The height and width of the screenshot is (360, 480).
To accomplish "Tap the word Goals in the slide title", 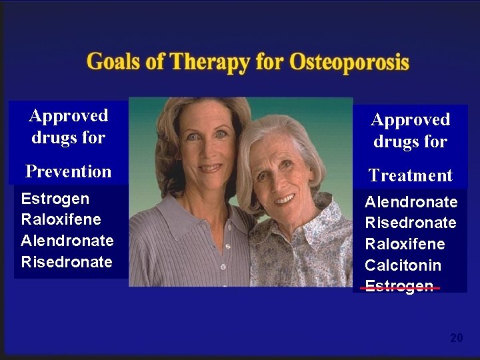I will click(x=112, y=62).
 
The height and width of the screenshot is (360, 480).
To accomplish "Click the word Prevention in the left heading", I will click(x=68, y=171).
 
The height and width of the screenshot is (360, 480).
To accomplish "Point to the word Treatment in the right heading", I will click(x=410, y=175).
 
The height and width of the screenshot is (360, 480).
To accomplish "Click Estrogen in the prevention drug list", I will click(x=55, y=199).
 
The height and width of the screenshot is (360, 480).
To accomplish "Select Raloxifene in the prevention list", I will click(x=61, y=219).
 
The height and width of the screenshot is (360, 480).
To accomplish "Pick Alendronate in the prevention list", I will click(x=67, y=241).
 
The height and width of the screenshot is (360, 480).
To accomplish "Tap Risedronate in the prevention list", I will click(x=66, y=262).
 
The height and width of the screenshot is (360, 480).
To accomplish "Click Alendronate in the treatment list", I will click(x=411, y=202).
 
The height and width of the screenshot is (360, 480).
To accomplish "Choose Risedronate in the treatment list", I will click(x=410, y=223).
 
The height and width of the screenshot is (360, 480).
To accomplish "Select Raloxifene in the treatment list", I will click(x=405, y=244).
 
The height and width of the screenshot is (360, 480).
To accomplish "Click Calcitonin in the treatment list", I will click(x=403, y=265).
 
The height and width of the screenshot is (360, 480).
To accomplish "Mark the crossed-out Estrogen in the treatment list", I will click(x=399, y=287).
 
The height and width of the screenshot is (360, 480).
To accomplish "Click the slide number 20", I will click(x=456, y=339).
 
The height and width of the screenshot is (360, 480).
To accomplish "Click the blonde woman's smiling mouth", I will click(x=210, y=168).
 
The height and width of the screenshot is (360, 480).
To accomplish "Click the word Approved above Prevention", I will click(x=68, y=116).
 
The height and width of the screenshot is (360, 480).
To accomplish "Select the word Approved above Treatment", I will click(x=410, y=120).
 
